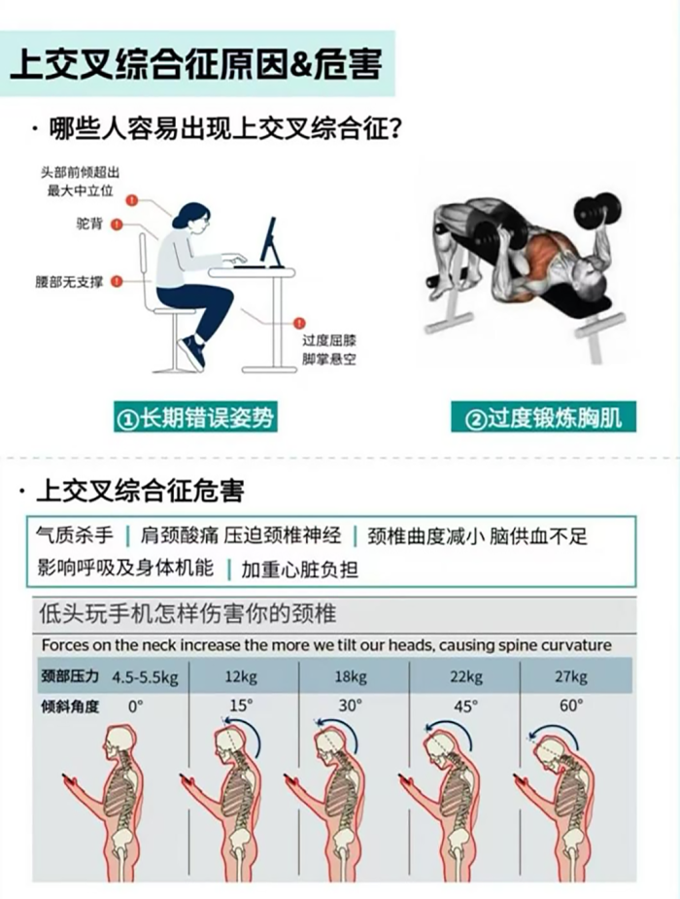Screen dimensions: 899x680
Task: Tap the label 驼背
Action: (x=88, y=224)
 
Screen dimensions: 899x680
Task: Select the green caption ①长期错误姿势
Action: (x=195, y=418)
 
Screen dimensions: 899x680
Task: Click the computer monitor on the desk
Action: (x=268, y=240)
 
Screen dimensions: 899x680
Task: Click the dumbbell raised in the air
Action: (x=596, y=210)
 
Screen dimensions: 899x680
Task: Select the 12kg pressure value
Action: (x=244, y=676)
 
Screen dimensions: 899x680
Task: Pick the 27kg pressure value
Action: (x=571, y=676)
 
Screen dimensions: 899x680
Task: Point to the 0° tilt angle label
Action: (x=136, y=706)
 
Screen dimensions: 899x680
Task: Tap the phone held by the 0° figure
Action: (x=68, y=778)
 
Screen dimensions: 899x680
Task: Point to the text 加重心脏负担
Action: (x=299, y=569)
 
